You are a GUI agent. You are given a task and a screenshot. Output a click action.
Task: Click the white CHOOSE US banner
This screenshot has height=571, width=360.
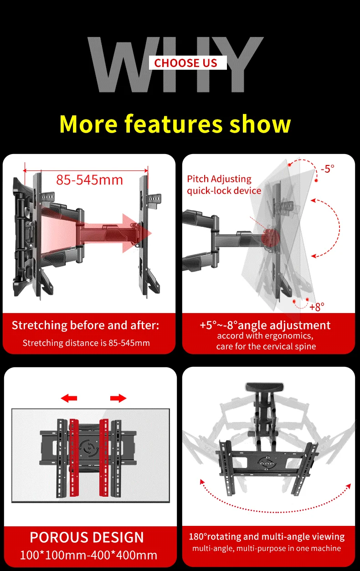[188, 63]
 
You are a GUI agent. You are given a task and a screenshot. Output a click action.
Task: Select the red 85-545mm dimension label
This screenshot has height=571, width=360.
[89, 180]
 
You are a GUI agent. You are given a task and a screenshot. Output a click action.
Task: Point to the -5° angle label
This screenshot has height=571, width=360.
[328, 169]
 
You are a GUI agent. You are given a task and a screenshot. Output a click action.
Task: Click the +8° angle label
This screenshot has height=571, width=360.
[317, 307]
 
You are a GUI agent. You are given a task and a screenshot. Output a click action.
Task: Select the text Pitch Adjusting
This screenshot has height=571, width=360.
[219, 179]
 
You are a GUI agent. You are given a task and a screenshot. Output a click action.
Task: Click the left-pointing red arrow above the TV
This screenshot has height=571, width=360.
[69, 398]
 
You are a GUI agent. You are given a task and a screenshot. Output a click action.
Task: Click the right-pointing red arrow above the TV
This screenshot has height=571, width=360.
[118, 398]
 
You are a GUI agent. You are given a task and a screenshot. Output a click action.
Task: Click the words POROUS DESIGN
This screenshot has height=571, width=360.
[87, 537]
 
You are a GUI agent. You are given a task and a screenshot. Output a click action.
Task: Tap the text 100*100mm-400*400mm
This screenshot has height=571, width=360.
[88, 555]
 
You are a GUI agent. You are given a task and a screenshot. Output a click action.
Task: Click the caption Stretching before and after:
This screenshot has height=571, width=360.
[85, 325]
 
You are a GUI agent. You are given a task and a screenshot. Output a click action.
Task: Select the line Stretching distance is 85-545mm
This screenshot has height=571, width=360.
[86, 343]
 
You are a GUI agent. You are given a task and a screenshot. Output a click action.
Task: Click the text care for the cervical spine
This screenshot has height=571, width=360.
[266, 346]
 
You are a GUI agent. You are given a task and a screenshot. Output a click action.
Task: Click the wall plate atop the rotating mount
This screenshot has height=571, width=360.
[264, 387]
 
